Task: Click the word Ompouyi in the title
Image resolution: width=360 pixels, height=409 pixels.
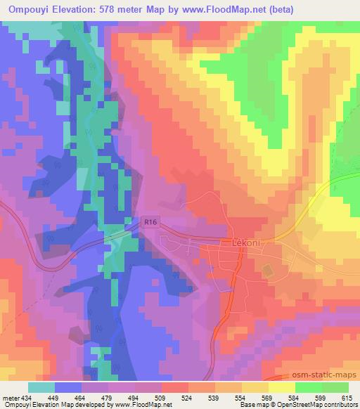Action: [x=27, y=9]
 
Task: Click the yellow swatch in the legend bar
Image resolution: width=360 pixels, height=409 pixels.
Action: [x=281, y=387]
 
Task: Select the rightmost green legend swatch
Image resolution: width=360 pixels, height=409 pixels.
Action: [x=335, y=387]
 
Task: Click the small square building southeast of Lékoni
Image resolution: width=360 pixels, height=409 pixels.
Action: [x=266, y=270]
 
